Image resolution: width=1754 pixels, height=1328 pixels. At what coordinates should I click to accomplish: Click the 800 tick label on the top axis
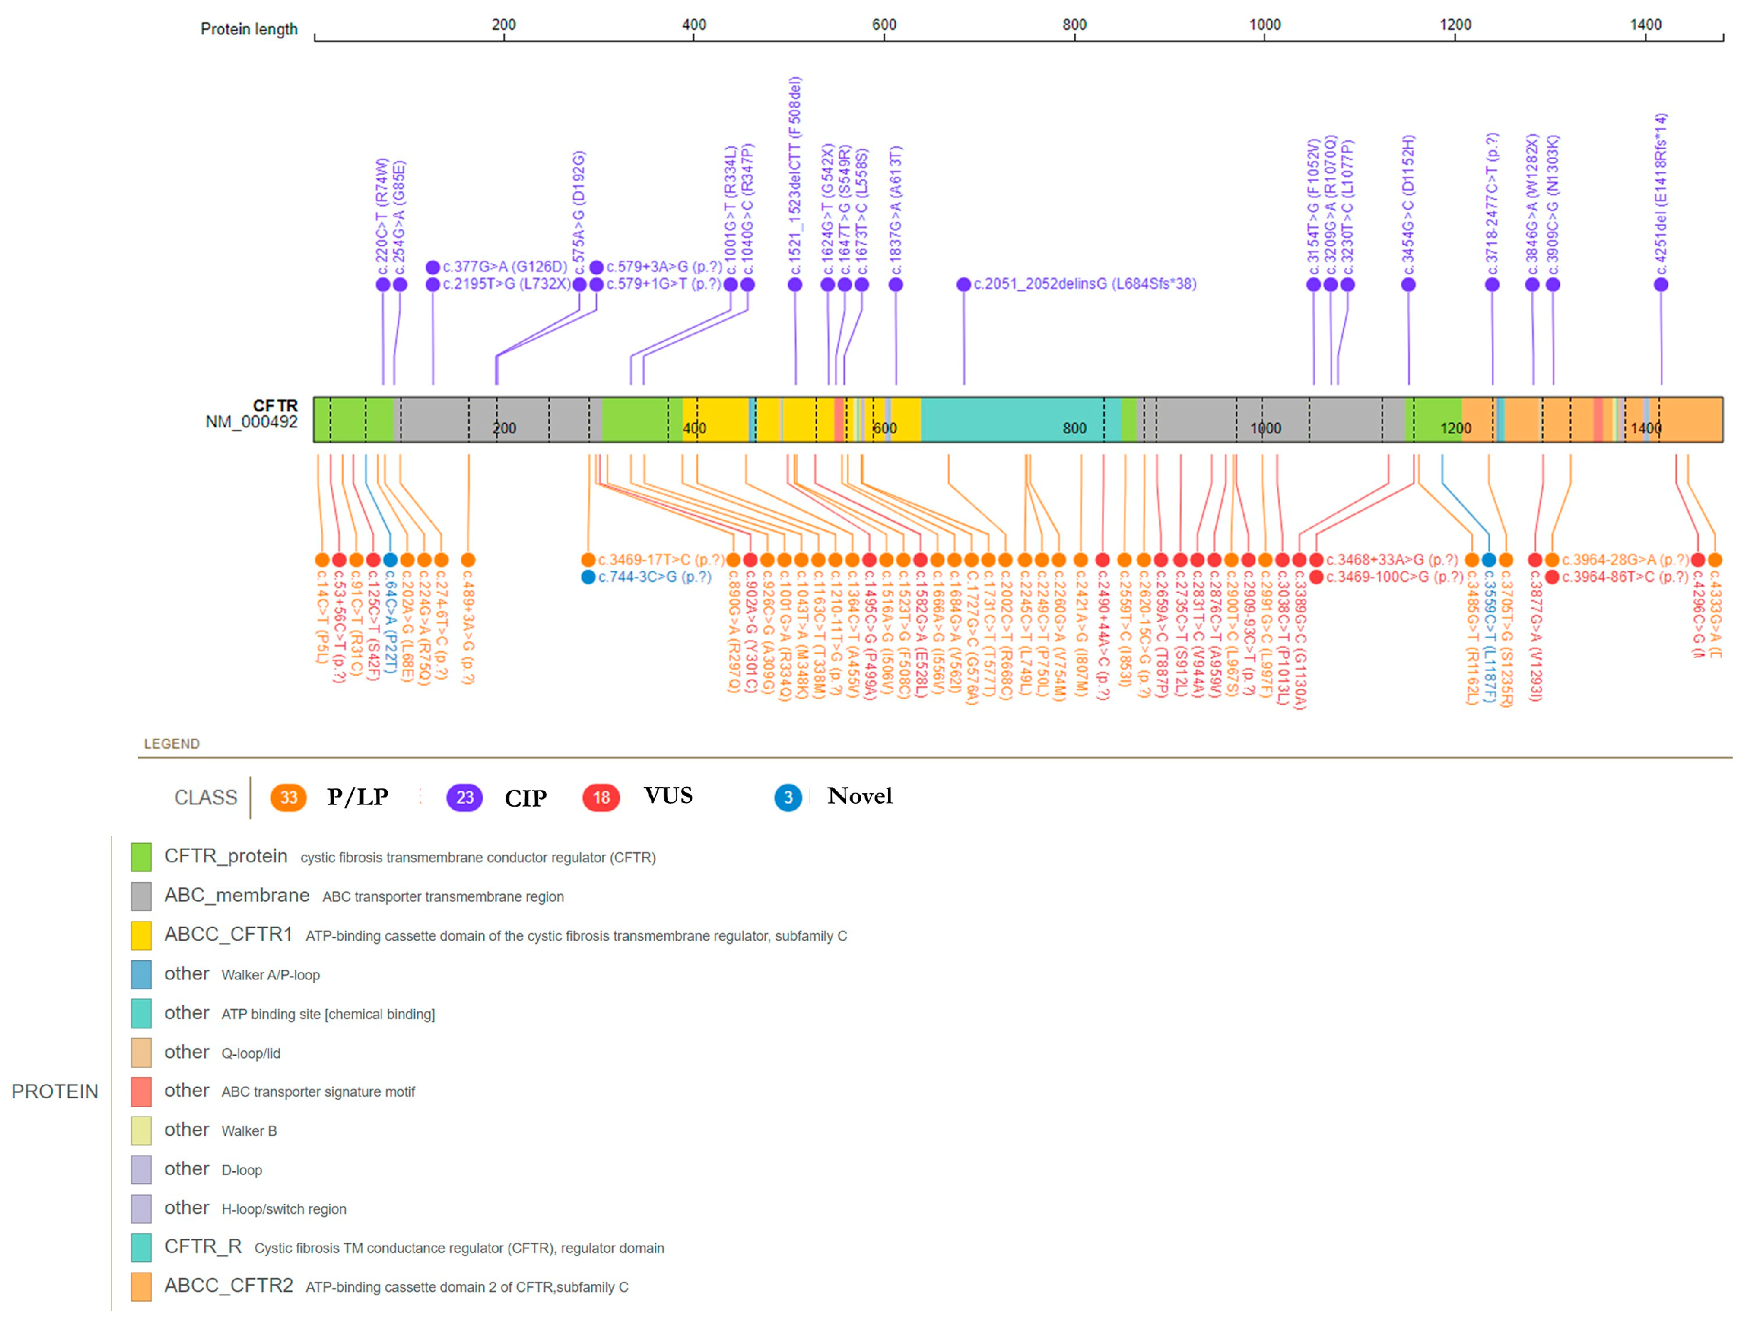coord(1074,25)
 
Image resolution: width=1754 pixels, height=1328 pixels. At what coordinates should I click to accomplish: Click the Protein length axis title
coord(248,29)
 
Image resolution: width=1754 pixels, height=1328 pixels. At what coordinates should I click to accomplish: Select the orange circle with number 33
coord(288,798)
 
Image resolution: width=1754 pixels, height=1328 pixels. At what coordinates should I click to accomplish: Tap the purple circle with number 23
coord(465,798)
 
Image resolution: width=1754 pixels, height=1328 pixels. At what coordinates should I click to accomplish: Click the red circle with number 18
coord(601,798)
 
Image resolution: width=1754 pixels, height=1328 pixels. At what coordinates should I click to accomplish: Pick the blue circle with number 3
coord(788,798)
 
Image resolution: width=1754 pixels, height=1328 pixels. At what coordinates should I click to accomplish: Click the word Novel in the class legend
coord(860,796)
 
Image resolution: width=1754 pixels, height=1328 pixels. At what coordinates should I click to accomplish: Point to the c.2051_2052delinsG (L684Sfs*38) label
coord(1085,284)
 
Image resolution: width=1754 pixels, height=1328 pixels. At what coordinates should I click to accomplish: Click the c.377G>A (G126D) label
coord(504,267)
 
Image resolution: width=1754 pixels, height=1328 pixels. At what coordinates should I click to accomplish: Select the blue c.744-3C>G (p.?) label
coord(654,577)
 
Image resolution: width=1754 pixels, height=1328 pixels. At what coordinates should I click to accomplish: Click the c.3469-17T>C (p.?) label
coord(661,560)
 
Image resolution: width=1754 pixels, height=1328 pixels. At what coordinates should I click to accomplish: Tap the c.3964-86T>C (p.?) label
coord(1625,577)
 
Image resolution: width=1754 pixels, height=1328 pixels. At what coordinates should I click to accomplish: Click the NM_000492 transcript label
coord(251,422)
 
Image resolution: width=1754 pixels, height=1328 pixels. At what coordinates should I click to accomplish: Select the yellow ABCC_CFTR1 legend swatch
coord(141,935)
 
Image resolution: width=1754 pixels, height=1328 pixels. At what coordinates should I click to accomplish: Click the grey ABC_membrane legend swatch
coord(141,896)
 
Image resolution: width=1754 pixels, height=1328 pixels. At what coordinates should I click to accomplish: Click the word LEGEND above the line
coord(171,744)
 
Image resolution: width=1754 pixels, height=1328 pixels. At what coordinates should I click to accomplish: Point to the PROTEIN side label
coord(55,1092)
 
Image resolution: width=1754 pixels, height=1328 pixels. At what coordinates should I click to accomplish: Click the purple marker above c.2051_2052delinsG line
coord(963,285)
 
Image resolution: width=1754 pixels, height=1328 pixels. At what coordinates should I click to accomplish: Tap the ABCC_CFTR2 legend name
coord(228,1285)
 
